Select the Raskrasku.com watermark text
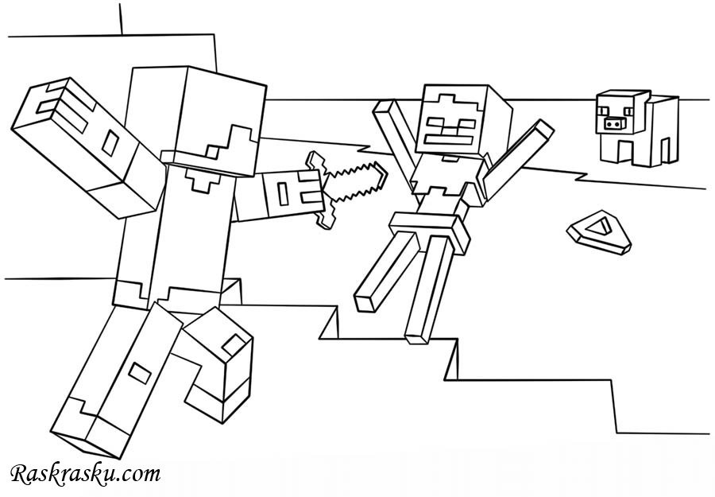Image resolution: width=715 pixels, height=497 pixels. (85, 475)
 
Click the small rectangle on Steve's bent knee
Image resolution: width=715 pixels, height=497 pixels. (234, 343)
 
